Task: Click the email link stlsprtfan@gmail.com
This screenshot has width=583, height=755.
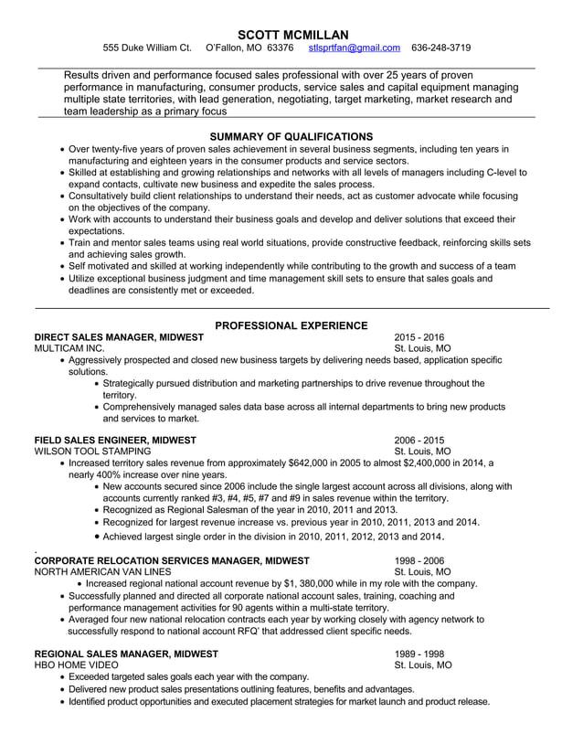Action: (x=354, y=48)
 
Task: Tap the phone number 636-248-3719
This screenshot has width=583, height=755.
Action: (x=441, y=48)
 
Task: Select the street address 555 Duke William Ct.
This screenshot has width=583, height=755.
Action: (x=146, y=48)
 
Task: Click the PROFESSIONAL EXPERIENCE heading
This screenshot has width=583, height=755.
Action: (x=291, y=324)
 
